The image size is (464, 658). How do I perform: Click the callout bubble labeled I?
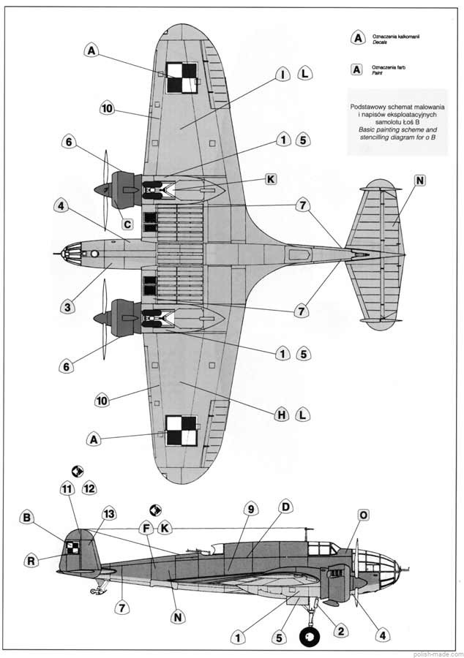[x=282, y=75]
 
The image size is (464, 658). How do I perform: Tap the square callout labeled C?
[x=127, y=224]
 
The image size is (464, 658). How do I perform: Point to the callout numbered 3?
[x=67, y=306]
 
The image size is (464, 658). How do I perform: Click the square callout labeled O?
[x=363, y=516]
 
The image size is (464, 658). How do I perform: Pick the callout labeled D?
[x=285, y=507]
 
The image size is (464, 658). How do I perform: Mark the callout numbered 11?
[x=68, y=488]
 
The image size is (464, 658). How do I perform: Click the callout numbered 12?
[x=89, y=488]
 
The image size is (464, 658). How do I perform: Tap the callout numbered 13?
[x=109, y=515]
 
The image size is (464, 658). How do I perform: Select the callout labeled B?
[x=28, y=518]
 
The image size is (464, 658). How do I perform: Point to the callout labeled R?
[x=31, y=561]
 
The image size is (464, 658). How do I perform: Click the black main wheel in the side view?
[x=310, y=638]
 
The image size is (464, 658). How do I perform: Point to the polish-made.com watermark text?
[x=435, y=652]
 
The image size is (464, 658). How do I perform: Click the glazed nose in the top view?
[x=70, y=254]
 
